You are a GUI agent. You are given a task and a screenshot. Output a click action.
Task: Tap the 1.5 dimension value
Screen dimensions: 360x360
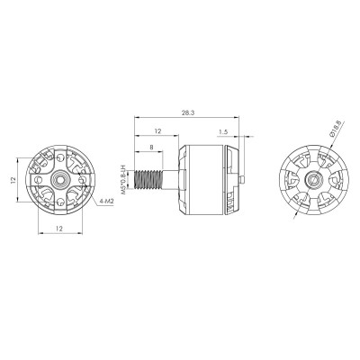pos(221,130)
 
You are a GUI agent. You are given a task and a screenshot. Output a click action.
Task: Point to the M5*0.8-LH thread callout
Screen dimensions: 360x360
pos(125,169)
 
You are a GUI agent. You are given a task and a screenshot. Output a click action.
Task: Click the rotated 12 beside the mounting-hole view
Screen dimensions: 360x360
pos(13,180)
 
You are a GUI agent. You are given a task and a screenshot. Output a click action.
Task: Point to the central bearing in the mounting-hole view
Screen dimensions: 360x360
pos(59,180)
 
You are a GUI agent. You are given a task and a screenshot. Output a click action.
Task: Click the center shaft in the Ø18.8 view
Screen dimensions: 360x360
pos(310,181)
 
